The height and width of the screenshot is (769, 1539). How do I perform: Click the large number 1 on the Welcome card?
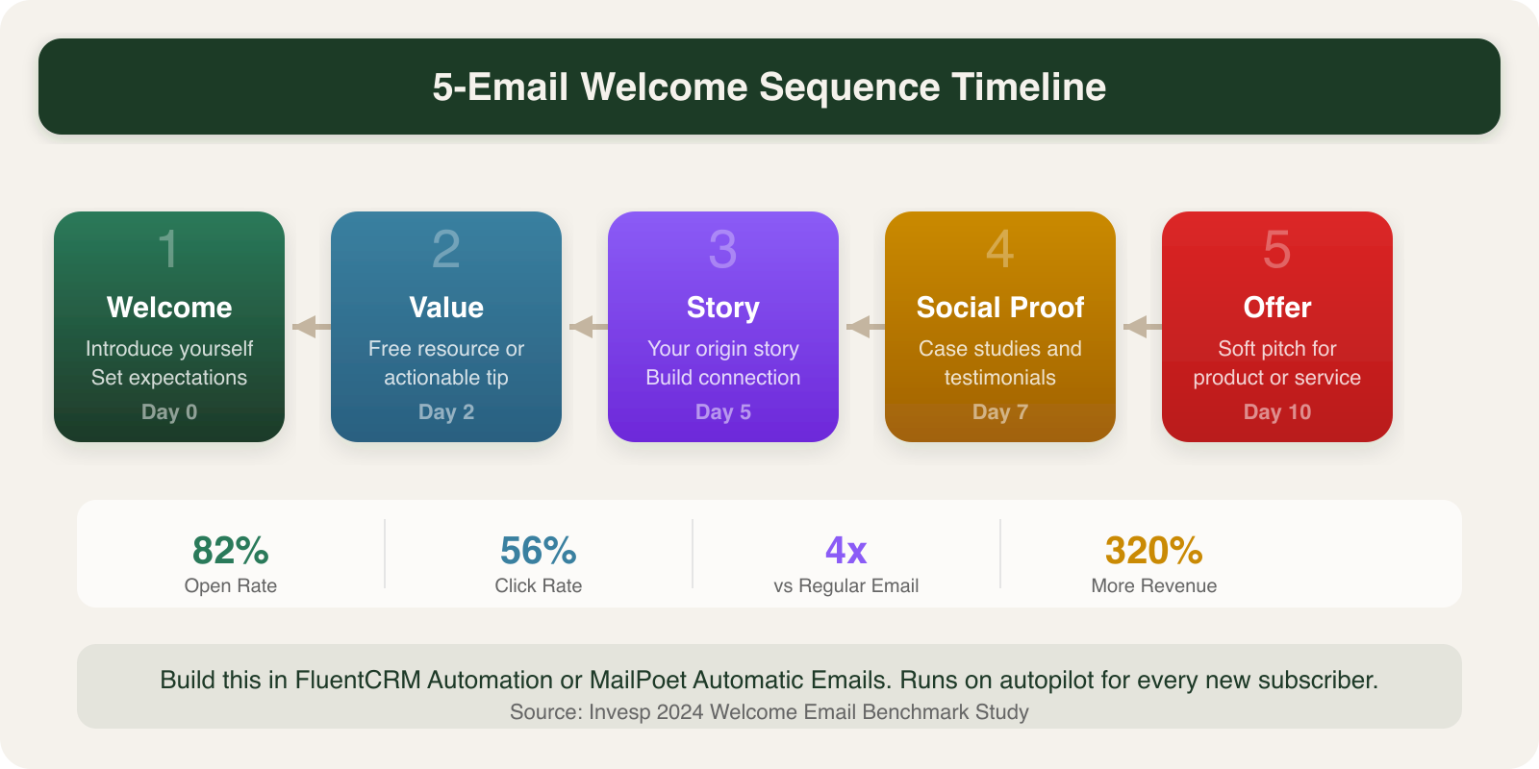[x=168, y=250]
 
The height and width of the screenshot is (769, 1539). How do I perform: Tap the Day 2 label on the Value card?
[x=446, y=412]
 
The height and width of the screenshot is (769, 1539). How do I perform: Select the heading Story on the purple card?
[x=723, y=308]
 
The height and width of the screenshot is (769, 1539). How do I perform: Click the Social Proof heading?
[x=1000, y=308]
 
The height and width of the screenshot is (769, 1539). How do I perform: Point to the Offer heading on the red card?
[x=1277, y=308]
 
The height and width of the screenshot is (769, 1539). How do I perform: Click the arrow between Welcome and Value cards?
[x=308, y=327]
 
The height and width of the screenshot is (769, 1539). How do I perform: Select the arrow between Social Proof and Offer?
[x=1139, y=327]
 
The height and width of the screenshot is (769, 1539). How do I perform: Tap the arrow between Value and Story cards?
[x=585, y=327]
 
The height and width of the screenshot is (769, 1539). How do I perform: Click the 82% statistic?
[x=231, y=551]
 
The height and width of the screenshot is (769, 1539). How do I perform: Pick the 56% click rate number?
[x=539, y=551]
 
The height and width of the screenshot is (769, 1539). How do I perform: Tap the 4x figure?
[x=846, y=551]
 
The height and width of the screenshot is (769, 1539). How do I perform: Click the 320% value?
[x=1154, y=551]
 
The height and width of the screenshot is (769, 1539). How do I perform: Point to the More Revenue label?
[x=1154, y=586]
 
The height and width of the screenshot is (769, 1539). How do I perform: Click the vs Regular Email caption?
[x=846, y=586]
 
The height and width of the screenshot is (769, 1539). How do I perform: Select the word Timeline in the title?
[x=1029, y=87]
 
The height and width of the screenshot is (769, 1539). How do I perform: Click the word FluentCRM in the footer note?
[x=358, y=681]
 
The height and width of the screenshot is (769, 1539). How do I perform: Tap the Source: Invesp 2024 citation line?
[x=769, y=712]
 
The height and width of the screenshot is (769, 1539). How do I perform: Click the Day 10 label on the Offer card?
[x=1277, y=412]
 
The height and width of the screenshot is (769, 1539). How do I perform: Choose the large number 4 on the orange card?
[x=1000, y=250]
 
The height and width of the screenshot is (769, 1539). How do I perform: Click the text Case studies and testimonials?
[x=1000, y=363]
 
